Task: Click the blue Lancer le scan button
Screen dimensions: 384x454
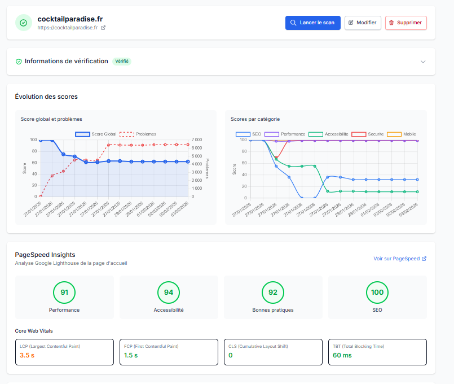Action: [312, 23]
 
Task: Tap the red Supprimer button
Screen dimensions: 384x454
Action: [405, 23]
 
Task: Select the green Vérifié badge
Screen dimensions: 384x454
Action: [121, 61]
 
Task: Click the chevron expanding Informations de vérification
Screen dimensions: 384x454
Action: [423, 62]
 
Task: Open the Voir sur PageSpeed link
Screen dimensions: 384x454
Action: [399, 259]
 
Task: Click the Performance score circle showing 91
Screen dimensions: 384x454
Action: [64, 292]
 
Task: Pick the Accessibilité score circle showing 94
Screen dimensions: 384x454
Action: [169, 292]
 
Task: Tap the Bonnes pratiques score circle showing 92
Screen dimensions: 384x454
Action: [273, 292]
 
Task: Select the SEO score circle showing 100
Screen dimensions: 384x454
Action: [377, 292]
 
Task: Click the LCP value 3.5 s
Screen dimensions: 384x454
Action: [27, 355]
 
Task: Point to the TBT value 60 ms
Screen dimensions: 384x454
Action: [342, 355]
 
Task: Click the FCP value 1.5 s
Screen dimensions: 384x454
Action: [131, 355]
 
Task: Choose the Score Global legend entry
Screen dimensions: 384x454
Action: [96, 134]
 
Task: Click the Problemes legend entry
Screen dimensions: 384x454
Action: [138, 134]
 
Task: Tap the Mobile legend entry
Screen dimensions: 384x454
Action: [402, 134]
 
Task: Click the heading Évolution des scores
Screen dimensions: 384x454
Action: [46, 97]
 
